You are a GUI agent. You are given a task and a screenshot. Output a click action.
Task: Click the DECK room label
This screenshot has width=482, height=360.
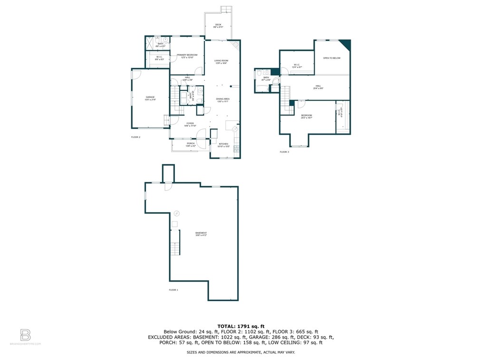coord(218,25)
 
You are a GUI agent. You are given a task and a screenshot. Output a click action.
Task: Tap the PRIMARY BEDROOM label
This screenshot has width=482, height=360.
coord(187,55)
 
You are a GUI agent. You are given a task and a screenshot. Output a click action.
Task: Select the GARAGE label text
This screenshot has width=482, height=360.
coord(150,97)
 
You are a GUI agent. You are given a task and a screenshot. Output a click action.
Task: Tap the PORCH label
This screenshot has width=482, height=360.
coord(190,143)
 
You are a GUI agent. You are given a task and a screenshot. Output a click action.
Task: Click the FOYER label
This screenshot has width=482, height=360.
coord(190,123)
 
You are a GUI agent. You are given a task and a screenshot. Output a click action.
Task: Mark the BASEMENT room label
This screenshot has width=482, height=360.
coord(201,233)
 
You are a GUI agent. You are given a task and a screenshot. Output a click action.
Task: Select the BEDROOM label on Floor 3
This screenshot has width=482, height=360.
coord(306,115)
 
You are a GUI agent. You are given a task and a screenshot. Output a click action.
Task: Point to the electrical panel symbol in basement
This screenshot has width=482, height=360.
coord(177,213)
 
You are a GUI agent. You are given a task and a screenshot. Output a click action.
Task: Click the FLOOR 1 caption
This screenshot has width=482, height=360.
coord(174,289)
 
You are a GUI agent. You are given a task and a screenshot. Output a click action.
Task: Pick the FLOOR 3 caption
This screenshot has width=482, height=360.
coord(284,152)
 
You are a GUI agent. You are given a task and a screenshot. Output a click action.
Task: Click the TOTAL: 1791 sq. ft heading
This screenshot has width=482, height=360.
coord(241,326)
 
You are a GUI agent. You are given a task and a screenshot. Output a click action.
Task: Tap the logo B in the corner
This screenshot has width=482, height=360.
coord(25,334)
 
